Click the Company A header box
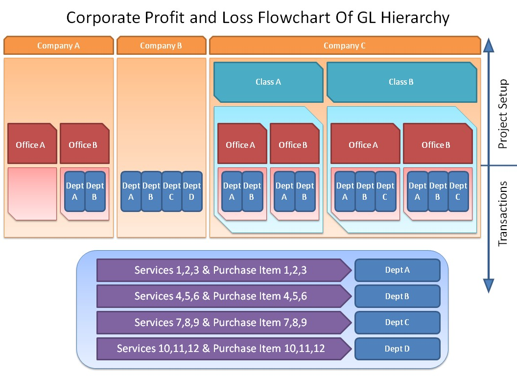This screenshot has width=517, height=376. pyautogui.click(x=59, y=46)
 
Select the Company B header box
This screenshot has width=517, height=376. pyautogui.click(x=161, y=46)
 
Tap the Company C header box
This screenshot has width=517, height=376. pyautogui.click(x=345, y=46)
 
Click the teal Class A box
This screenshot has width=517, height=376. pyautogui.click(x=268, y=82)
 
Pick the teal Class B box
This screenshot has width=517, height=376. pyautogui.click(x=401, y=82)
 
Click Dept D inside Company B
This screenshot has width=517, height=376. pyautogui.click(x=192, y=191)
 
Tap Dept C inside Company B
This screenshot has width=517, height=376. pyautogui.click(x=171, y=191)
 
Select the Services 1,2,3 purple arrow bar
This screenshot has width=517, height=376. pyautogui.click(x=224, y=270)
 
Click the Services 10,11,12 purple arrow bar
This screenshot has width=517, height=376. pyautogui.click(x=224, y=349)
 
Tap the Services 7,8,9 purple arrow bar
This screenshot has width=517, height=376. pyautogui.click(x=224, y=322)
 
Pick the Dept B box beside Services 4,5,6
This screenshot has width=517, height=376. pyautogui.click(x=398, y=296)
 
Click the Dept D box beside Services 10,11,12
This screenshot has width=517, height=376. pyautogui.click(x=398, y=349)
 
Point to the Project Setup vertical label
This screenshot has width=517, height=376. pyautogui.click(x=502, y=114)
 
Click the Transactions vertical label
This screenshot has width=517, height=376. pyautogui.click(x=502, y=214)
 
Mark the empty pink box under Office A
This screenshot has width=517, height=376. pyautogui.click(x=32, y=193)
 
